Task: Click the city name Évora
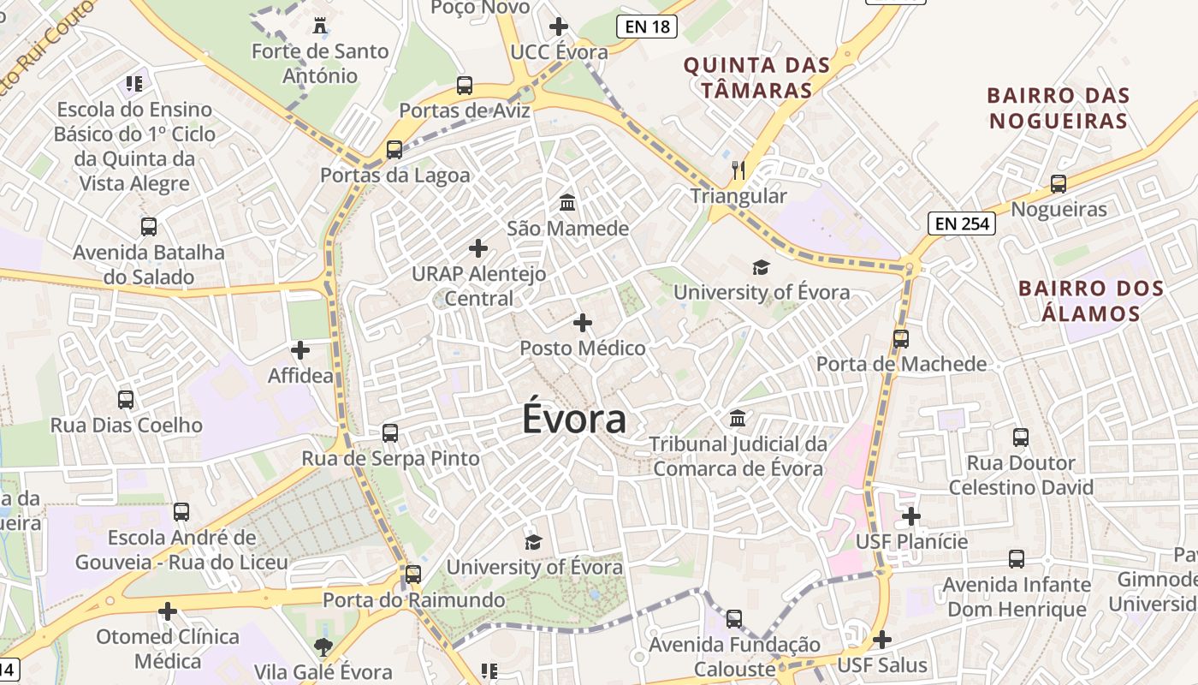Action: pos(574,420)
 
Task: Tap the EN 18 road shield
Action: pos(647,27)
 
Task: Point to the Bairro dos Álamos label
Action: pos(1091,301)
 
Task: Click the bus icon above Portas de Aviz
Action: pos(465,86)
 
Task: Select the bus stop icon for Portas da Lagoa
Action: pos(394,150)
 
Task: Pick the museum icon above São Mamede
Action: pos(567,203)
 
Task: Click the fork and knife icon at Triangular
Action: pos(738,170)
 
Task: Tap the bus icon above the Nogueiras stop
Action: pos(1059,183)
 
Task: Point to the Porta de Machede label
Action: pos(901,364)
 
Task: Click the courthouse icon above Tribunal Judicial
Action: pos(738,419)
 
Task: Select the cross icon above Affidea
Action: pos(300,350)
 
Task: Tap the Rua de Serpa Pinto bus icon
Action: pos(390,433)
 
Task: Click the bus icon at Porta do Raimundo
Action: pos(413,575)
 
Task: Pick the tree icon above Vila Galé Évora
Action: pos(323,646)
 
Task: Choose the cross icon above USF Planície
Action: pos(911,516)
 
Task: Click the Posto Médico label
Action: pos(583,348)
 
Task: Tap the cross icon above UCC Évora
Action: pos(559,27)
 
